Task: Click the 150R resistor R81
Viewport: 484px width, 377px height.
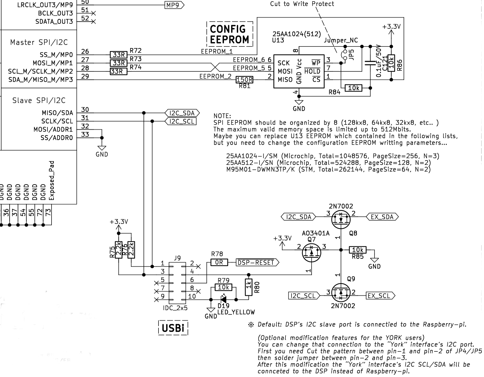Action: coord(244,80)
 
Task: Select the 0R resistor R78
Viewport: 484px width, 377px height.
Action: coord(219,263)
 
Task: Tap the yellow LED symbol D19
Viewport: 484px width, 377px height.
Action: coord(223,299)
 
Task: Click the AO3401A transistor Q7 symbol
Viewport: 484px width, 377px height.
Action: coord(311,252)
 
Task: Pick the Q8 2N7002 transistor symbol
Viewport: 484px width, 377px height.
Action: coord(341,219)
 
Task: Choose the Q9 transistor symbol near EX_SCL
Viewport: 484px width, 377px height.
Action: coord(341,292)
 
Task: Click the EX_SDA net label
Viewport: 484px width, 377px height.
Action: coord(382,217)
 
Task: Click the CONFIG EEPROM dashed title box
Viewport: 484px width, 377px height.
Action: coord(230,34)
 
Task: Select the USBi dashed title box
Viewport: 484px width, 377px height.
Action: coord(173,328)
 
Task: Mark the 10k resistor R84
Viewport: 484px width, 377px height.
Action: coord(354,88)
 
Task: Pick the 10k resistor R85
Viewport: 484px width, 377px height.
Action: coord(358,250)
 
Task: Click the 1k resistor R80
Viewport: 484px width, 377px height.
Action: coord(248,287)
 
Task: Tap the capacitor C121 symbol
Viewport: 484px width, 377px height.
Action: coord(370,63)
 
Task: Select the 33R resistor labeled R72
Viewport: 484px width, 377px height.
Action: coord(119,55)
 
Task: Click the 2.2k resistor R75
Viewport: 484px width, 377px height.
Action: coord(119,250)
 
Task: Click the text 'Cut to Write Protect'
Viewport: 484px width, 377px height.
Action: coord(302,4)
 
